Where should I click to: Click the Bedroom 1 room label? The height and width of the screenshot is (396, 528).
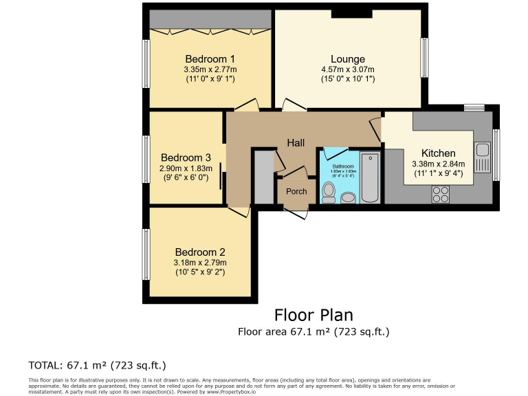[x=210, y=58]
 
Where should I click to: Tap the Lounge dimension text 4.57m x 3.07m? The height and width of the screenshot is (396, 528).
[x=347, y=69]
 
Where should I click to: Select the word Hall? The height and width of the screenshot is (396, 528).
[x=296, y=142]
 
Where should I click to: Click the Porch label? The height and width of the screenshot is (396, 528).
[x=296, y=191]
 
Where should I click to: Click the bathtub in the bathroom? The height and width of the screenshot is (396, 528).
[x=370, y=177]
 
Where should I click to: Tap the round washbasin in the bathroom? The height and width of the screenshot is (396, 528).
[x=349, y=198]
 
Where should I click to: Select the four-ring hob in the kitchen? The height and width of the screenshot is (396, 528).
[x=441, y=195]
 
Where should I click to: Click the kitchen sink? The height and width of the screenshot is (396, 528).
[x=482, y=157]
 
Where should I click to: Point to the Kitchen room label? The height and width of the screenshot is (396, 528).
[x=438, y=153]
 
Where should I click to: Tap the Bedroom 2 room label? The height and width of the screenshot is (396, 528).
[x=199, y=252]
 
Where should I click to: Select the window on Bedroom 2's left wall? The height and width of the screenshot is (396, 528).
[x=146, y=254]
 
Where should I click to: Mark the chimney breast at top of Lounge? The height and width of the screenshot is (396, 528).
[x=351, y=13]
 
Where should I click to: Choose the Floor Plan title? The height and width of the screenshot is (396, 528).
[x=313, y=315]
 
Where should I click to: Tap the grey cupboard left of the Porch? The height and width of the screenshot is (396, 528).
[x=263, y=177]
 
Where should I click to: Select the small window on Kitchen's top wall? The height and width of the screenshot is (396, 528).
[x=474, y=107]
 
